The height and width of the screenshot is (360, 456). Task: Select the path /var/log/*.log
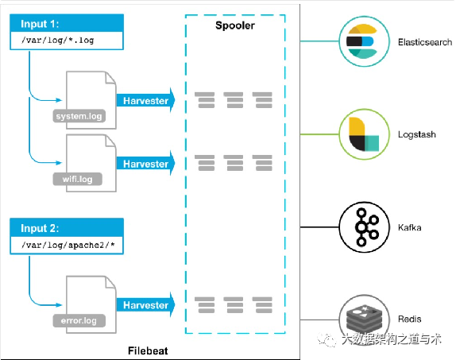(x=57, y=41)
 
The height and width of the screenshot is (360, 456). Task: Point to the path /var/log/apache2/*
(x=68, y=245)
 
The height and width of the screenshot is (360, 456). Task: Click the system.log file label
(x=79, y=116)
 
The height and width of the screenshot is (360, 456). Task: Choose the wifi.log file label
(x=77, y=179)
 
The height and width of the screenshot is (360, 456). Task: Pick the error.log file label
(x=79, y=320)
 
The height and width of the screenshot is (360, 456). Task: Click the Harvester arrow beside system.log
(x=145, y=100)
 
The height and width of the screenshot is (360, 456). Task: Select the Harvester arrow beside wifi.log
(x=145, y=164)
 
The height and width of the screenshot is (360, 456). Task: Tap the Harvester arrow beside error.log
(x=145, y=305)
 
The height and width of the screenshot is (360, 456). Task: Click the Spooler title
(x=235, y=25)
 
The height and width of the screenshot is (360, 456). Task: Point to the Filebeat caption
(x=148, y=350)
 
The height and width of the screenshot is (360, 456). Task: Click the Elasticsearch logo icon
(x=364, y=41)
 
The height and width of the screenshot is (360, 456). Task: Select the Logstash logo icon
(x=364, y=134)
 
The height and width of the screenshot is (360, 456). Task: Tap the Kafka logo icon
(x=364, y=227)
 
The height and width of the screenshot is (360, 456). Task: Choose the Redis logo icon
(x=364, y=319)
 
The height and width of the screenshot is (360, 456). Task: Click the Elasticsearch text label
(x=425, y=42)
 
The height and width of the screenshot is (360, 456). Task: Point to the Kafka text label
(x=409, y=227)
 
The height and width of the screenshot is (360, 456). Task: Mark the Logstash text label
(x=417, y=134)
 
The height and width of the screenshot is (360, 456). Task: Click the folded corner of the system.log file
(x=110, y=78)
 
